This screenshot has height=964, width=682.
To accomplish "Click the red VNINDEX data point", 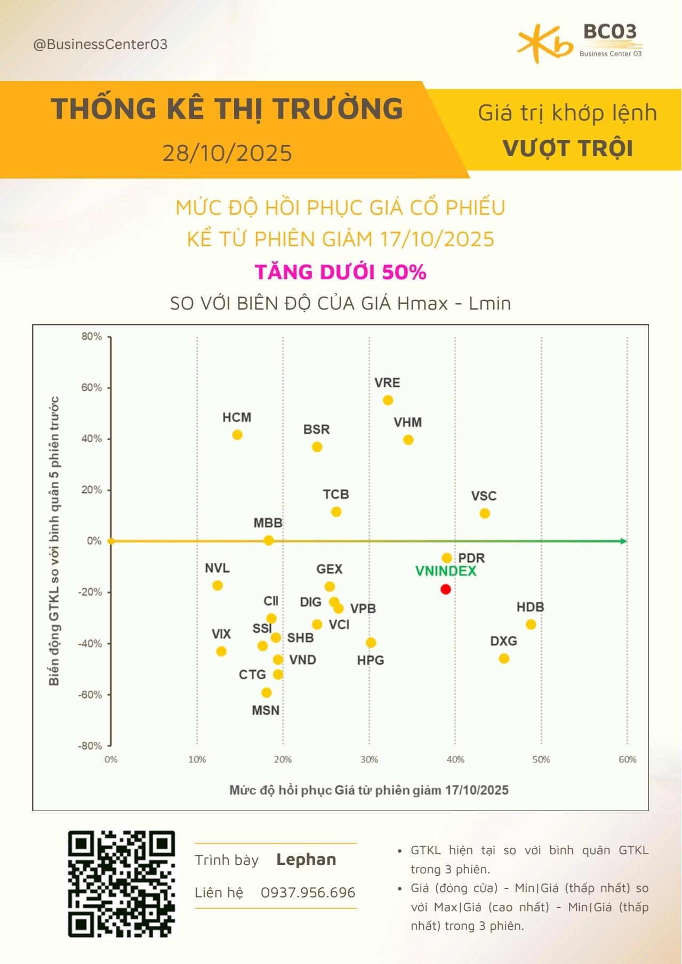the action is pos(446,589).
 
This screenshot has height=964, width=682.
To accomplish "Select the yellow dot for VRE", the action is pos(388,400).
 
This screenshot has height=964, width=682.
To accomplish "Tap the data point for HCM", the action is pos(237,435).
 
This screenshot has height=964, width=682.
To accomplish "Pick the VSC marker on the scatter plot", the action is pos(485,514).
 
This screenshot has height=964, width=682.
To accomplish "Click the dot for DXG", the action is pos(504,659).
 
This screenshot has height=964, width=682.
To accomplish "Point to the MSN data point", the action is pos(267,693).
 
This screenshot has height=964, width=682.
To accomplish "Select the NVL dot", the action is pos(217,585).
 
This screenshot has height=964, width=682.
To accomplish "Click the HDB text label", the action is pos(530,607).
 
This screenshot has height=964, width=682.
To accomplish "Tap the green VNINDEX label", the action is pos(446,571).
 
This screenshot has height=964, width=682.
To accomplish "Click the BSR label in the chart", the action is pos(317,430).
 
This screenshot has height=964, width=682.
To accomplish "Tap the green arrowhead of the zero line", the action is pos(623,541).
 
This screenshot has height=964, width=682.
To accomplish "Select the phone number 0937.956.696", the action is pos(308,893).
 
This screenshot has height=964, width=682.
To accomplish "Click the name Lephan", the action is pos(306,860).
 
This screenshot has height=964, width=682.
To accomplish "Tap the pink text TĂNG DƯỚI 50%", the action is pos(341,272).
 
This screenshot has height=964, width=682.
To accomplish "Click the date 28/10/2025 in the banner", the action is pos(228,153).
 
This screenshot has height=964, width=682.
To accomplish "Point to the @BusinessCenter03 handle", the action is pos(100,44).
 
